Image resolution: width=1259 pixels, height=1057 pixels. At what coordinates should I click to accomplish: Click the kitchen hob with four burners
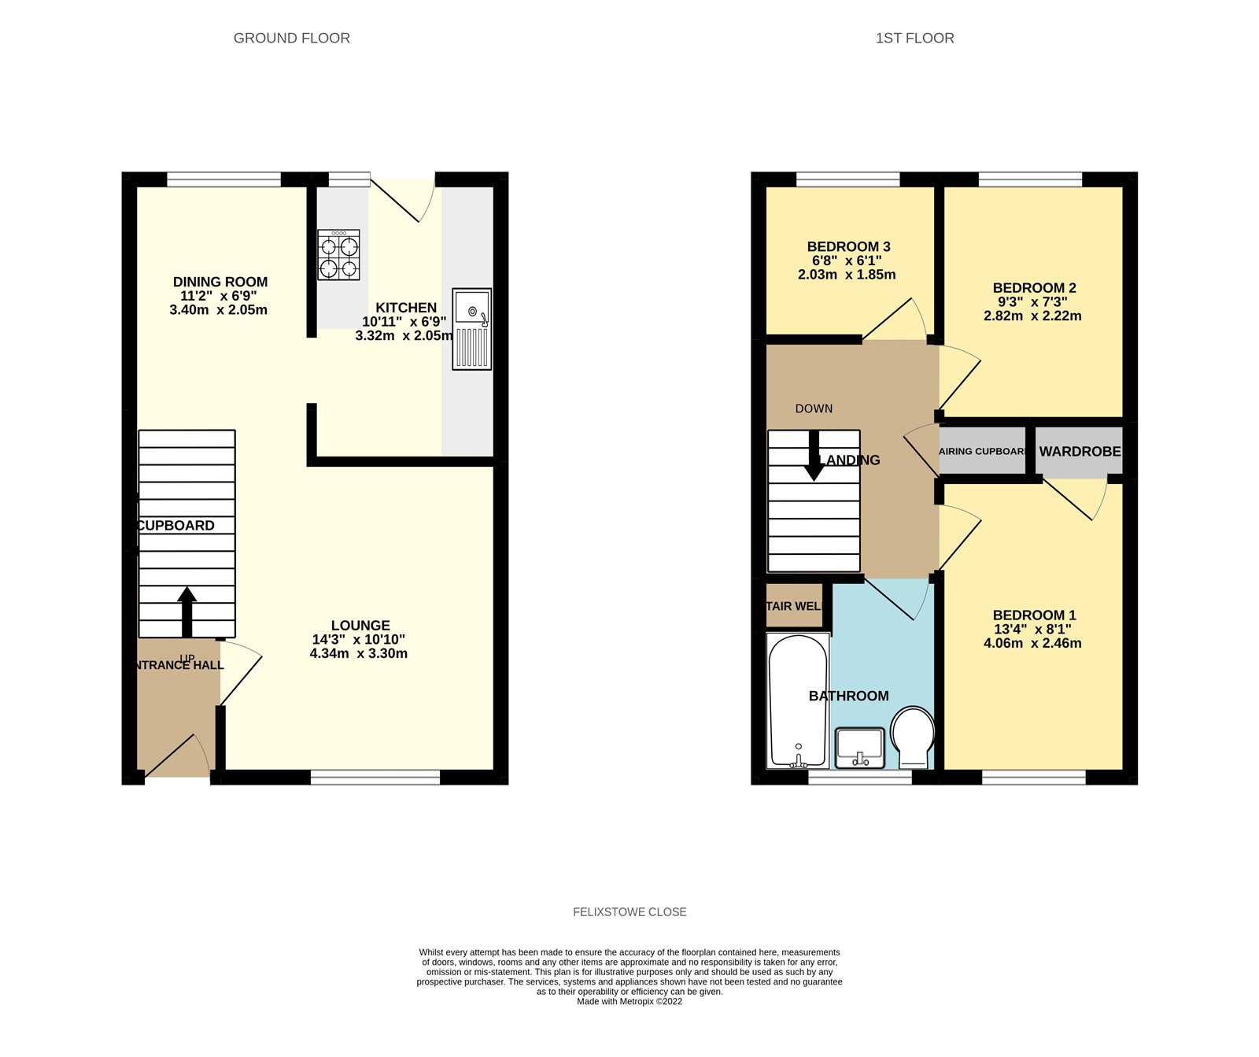(x=339, y=254)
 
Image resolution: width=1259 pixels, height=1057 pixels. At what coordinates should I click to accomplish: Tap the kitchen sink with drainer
(x=472, y=328)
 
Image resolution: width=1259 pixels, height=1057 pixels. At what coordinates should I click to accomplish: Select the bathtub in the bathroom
(x=798, y=700)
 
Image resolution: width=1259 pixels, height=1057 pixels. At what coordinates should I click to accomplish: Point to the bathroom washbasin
(x=860, y=747)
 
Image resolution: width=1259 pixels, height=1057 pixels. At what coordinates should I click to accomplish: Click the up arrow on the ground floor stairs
(x=186, y=611)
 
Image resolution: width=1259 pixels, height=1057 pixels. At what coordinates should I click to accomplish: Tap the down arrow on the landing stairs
(x=814, y=456)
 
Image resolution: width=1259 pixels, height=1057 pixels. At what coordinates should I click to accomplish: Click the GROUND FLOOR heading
(x=292, y=38)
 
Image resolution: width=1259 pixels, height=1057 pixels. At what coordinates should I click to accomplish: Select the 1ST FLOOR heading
(x=914, y=38)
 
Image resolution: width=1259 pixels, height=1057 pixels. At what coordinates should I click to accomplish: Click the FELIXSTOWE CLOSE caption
(x=629, y=912)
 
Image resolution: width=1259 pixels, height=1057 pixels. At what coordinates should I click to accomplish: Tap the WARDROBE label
(x=1080, y=452)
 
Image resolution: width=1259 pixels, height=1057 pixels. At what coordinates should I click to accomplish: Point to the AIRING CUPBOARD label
(x=983, y=452)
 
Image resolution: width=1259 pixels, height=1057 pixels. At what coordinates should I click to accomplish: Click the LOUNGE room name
(x=360, y=626)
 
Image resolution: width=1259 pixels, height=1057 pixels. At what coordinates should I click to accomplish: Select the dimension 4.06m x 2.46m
(x=1032, y=643)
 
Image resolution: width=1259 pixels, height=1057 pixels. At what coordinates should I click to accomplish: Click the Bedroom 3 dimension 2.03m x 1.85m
(x=847, y=275)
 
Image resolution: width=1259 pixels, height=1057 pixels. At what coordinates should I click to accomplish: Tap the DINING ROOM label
(x=220, y=282)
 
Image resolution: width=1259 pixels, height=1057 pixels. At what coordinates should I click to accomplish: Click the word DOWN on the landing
(x=814, y=408)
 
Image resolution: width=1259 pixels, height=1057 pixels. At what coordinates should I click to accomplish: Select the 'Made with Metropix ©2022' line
(x=629, y=1002)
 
